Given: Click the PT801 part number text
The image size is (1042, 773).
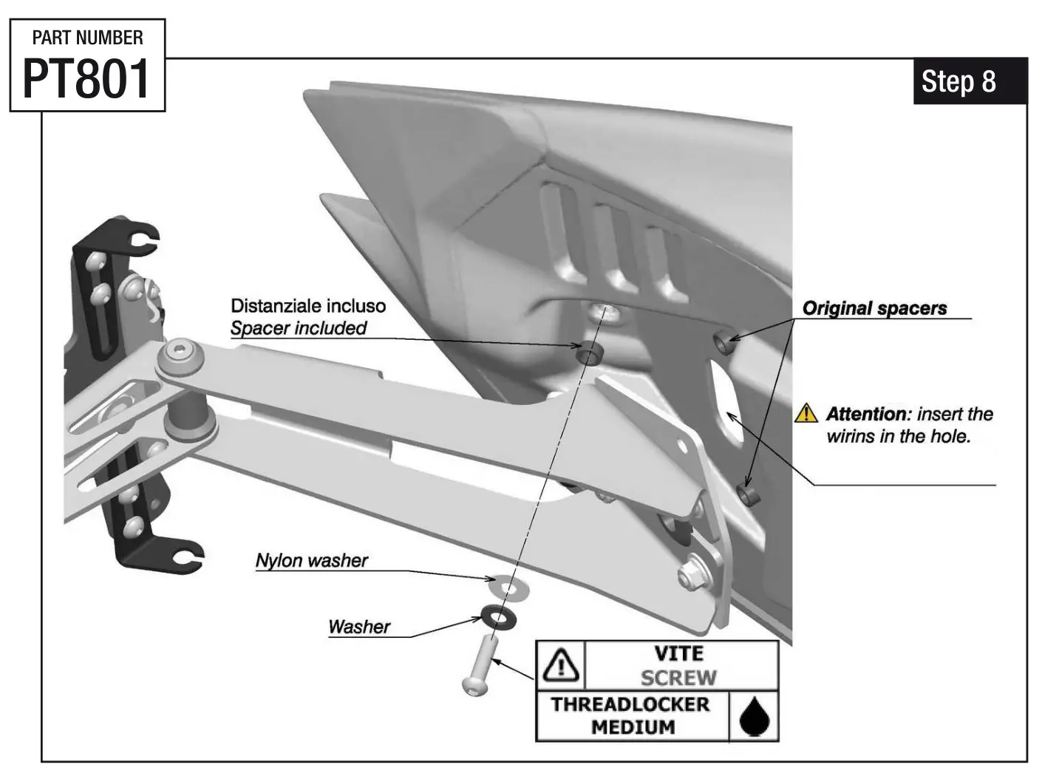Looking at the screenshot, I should [x=86, y=79].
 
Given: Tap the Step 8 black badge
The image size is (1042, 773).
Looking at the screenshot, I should [x=969, y=81].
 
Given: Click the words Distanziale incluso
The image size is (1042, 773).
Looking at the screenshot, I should [x=307, y=306].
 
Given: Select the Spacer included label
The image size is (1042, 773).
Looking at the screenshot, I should [x=298, y=328].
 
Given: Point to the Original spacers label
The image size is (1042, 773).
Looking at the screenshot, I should [x=874, y=309].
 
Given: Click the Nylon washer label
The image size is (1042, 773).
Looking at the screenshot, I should [x=311, y=561].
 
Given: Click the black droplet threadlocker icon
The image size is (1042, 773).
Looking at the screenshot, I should [x=755, y=716].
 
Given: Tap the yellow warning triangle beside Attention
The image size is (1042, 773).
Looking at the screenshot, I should [x=806, y=413].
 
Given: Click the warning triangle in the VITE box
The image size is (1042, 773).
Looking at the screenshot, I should [x=560, y=664].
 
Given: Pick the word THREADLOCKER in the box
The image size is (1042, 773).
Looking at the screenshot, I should [x=630, y=704].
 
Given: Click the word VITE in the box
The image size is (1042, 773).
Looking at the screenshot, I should [x=678, y=654].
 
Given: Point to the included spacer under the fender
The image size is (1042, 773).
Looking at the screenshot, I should [x=589, y=353].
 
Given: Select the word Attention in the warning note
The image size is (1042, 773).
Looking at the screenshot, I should [x=867, y=414].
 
